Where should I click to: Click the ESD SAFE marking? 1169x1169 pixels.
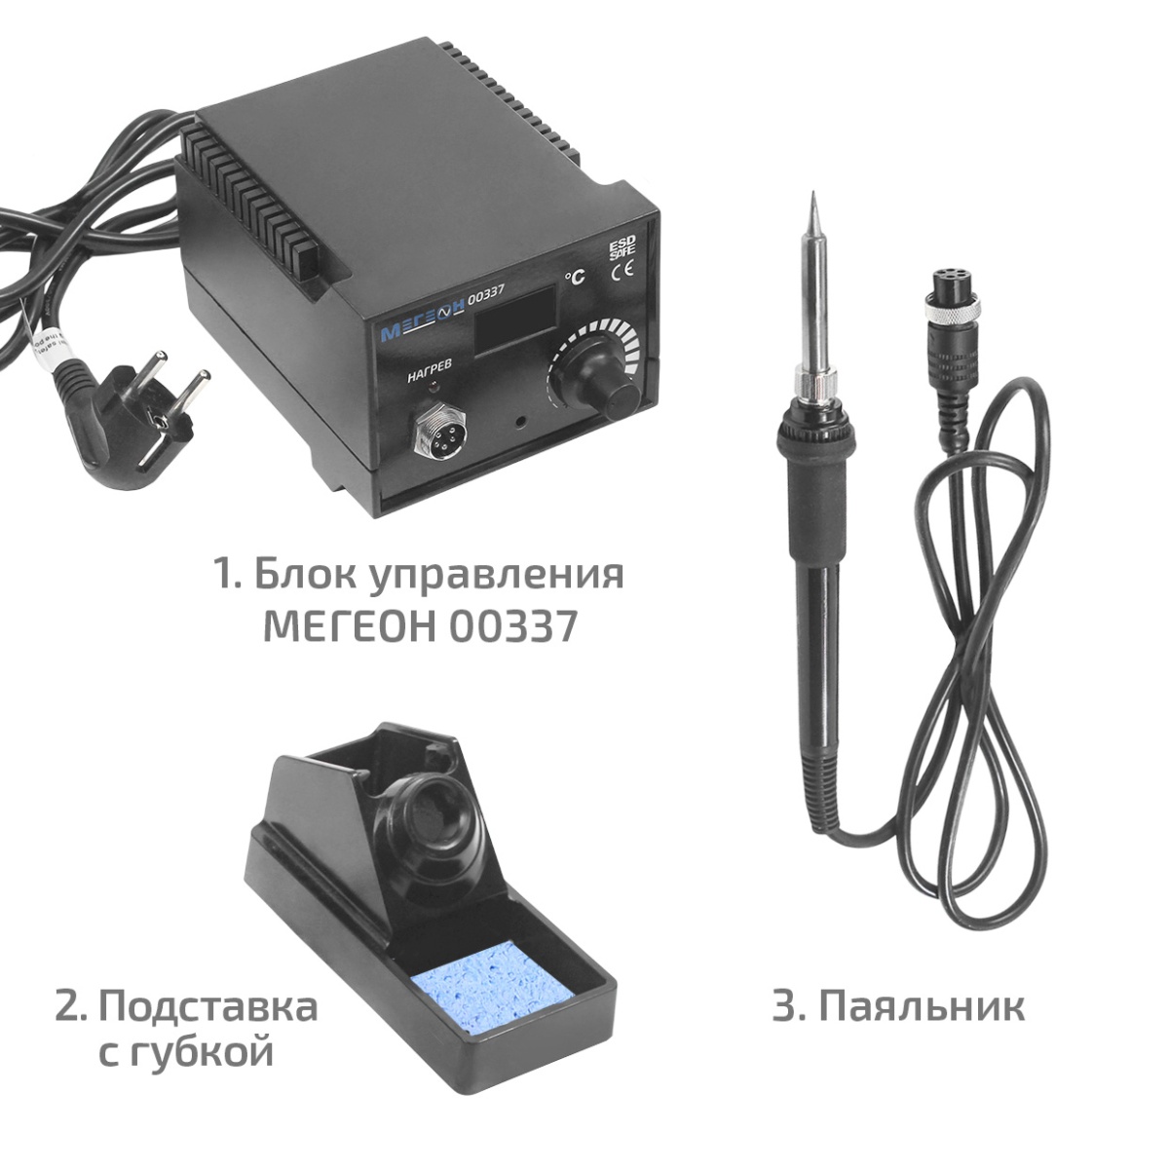pyautogui.click(x=622, y=249)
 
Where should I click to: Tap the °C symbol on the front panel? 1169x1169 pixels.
pyautogui.click(x=575, y=277)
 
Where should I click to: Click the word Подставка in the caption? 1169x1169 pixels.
pyautogui.click(x=208, y=1005)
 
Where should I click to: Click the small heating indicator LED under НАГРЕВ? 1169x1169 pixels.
pyautogui.click(x=432, y=387)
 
